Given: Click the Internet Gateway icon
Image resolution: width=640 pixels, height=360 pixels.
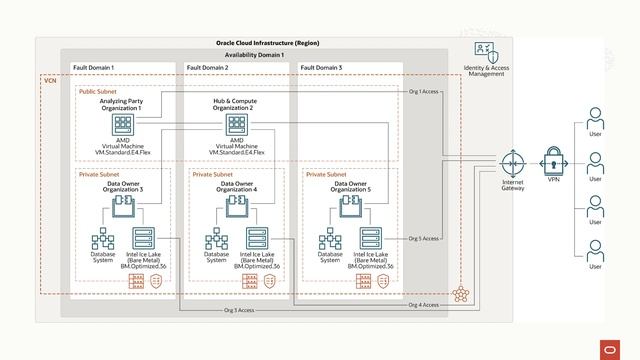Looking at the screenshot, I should point(513,160).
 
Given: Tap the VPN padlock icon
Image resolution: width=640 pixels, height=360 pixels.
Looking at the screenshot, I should point(554,160).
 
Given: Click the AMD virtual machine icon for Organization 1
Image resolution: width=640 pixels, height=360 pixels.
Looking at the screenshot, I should point(123,125).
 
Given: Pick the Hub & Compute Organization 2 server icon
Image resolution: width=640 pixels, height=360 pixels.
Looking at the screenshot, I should point(237,125).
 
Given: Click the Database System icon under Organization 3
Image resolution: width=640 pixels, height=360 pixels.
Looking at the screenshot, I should point(103,240).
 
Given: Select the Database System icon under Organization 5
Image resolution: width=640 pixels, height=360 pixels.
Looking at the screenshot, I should point(330,240).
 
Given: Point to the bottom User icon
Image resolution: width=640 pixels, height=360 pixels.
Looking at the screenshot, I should point(595,250).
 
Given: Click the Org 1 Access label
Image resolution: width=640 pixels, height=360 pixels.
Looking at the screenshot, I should point(424,92).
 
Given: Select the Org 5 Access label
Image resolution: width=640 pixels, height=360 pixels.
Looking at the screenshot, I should point(424,239).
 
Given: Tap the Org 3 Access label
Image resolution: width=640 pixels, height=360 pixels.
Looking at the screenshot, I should point(237,311).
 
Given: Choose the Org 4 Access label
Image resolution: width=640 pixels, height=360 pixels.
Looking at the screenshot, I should point(423,304).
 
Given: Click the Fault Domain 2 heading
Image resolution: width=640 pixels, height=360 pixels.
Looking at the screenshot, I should point(208,67).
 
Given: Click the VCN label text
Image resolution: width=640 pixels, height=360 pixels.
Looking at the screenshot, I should point(50,79).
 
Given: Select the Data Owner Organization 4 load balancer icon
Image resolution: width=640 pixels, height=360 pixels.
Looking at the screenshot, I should point(237,204).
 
